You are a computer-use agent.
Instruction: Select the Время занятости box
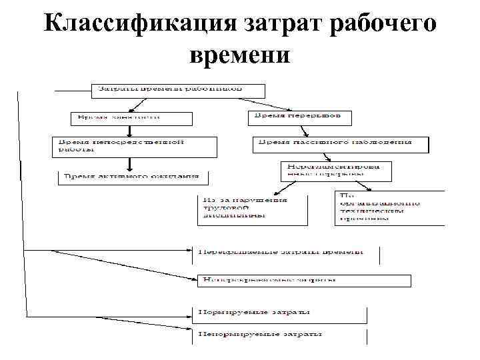click(131, 118)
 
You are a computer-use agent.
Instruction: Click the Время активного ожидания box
click(133, 178)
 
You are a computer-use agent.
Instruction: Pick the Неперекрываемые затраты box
click(303, 281)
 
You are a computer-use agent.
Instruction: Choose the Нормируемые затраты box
click(280, 313)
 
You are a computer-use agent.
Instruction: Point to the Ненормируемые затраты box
click(280, 335)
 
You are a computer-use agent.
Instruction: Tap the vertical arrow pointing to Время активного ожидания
click(127, 164)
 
